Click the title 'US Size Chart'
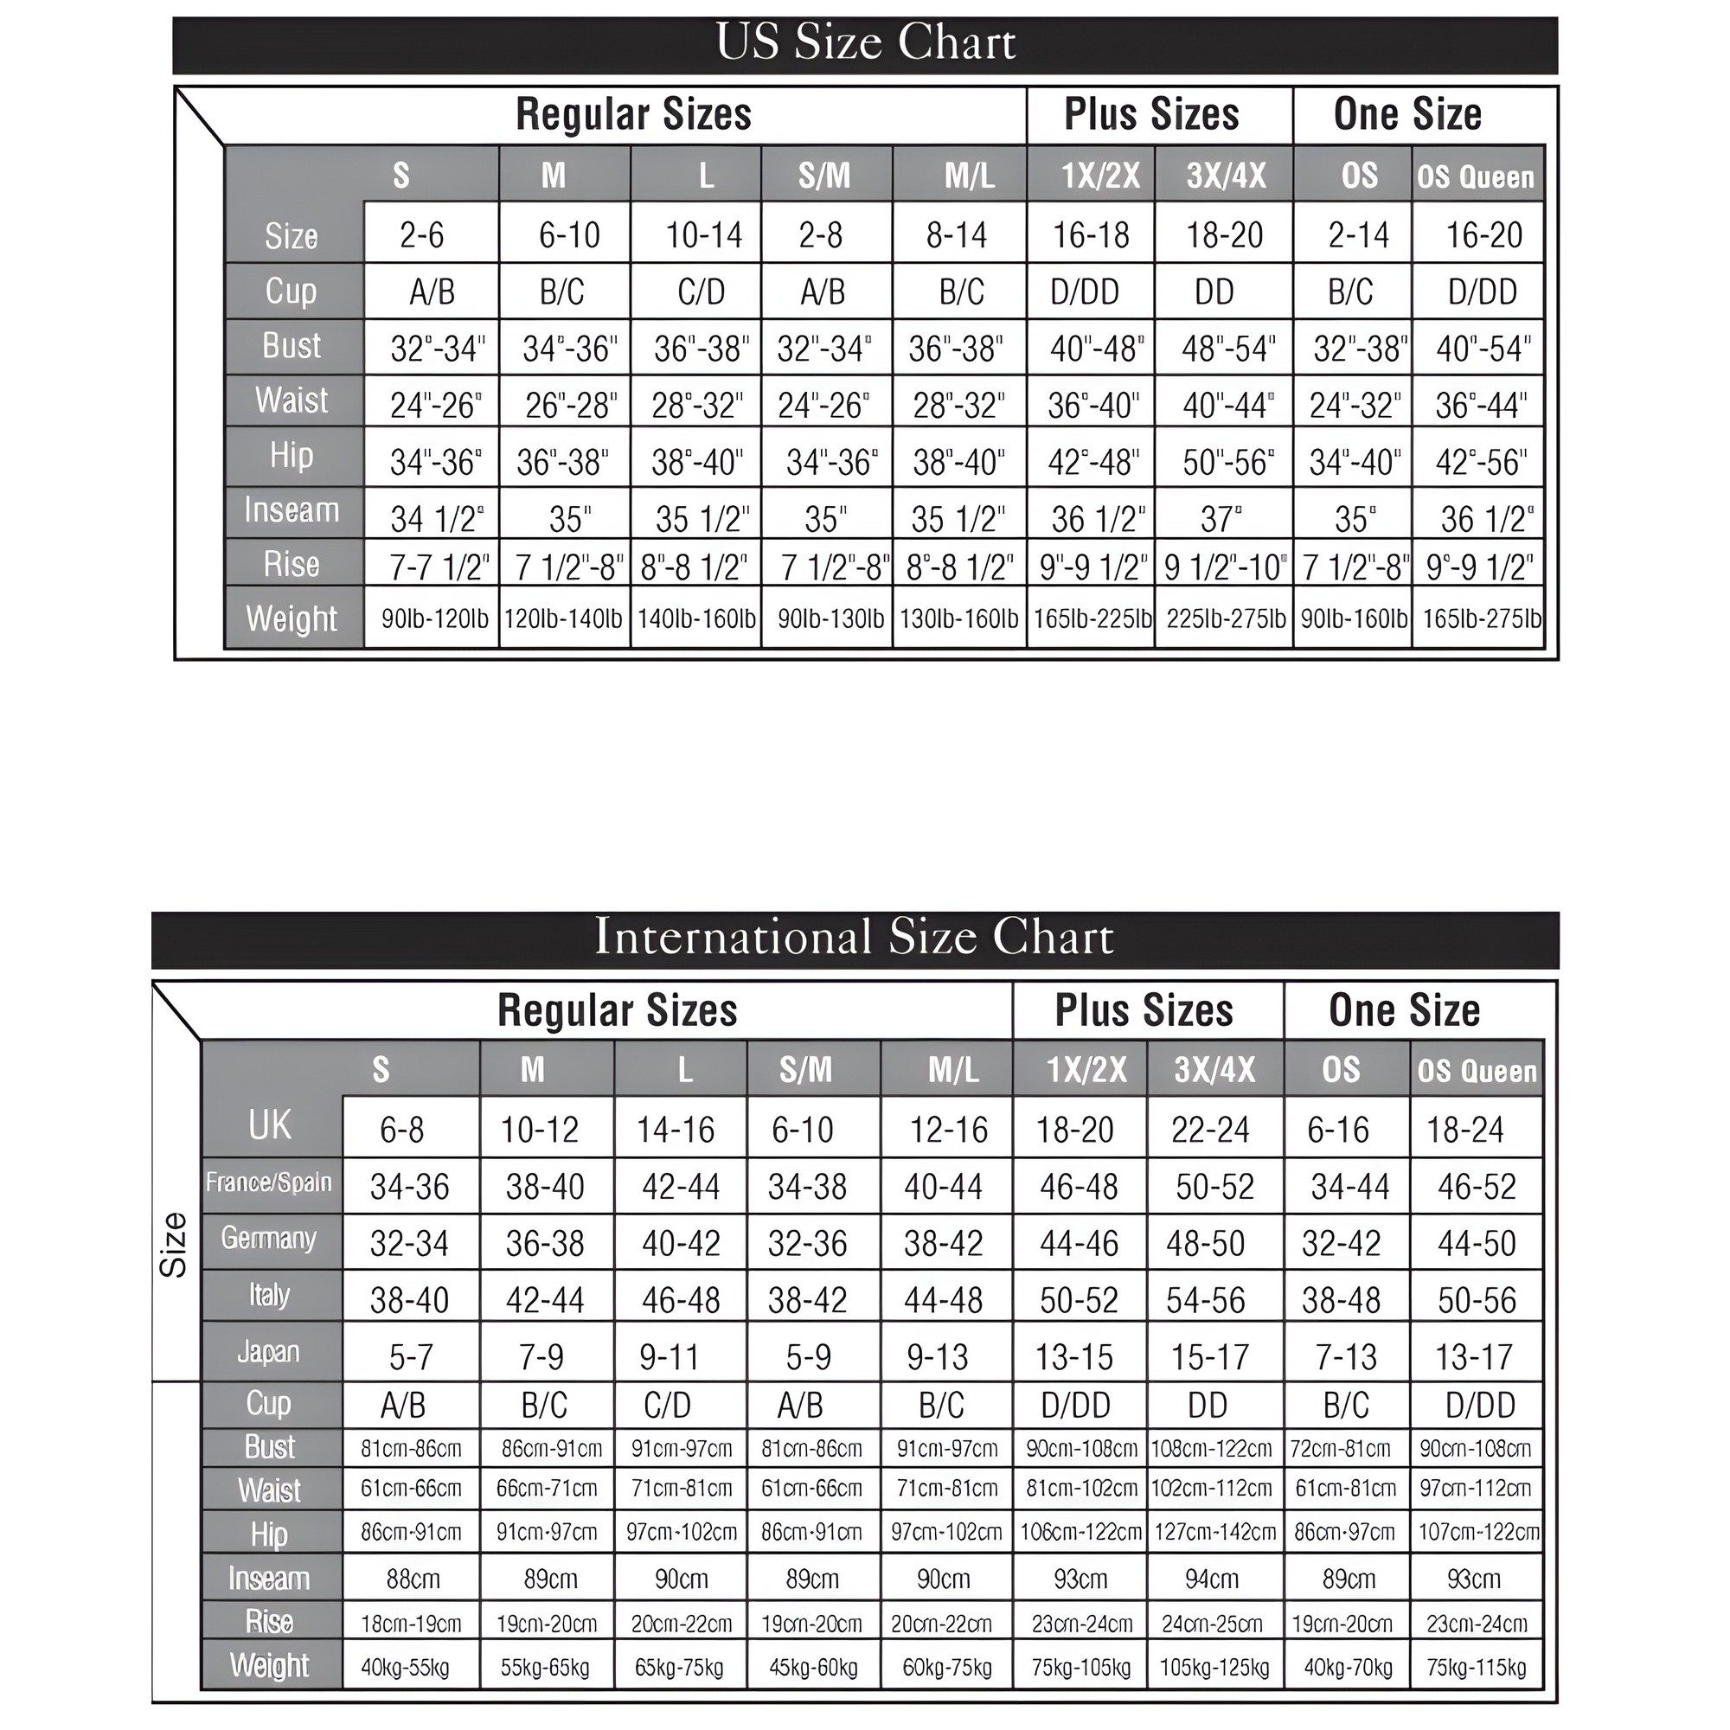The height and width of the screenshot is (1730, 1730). tap(865, 42)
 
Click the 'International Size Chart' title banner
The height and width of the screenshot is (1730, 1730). tap(855, 938)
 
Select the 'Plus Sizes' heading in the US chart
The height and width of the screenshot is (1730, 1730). tap(1151, 115)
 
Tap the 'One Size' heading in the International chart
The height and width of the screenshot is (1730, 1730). tap(1404, 1010)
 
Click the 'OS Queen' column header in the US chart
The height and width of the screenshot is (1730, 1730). tap(1475, 176)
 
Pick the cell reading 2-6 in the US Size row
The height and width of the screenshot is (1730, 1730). tap(422, 235)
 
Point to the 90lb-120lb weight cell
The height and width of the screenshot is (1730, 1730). tap(434, 618)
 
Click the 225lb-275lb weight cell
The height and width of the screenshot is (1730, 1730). tap(1225, 618)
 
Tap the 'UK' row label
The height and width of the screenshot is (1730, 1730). tap(270, 1125)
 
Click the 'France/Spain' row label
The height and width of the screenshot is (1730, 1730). tap(269, 1182)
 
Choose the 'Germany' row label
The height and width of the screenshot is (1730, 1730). tap(269, 1239)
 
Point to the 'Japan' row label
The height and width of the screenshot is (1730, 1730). tap(269, 1351)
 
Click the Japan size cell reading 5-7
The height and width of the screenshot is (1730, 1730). tap(411, 1357)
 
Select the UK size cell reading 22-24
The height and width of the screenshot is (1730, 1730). tap(1210, 1130)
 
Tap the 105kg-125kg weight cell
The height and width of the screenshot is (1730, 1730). tap(1214, 1668)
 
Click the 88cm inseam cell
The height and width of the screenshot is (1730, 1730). tap(413, 1579)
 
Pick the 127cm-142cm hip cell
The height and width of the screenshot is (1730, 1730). tap(1214, 1532)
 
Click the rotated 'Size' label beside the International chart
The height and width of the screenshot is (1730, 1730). tap(174, 1245)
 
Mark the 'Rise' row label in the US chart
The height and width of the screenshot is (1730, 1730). tap(291, 564)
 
